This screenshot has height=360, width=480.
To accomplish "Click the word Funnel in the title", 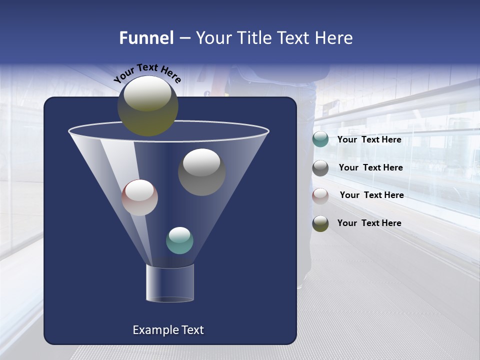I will pos(146,38).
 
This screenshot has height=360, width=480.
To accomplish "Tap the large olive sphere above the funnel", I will pos(147,105).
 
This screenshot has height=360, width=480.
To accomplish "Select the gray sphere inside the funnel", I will pos(201,172).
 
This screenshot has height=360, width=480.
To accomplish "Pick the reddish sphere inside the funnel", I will pos(139,197).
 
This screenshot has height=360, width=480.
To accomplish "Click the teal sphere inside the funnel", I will pos(179,240).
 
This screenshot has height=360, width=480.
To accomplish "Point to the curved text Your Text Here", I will pos(147,73).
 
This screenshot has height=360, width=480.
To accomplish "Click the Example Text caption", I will pos(168,330).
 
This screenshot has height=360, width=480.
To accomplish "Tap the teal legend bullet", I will pos(320,139).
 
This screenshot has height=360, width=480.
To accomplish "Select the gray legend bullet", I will pos(320,168).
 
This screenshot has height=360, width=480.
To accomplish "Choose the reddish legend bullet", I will pos(320,195).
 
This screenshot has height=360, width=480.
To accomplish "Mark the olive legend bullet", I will pos(320,223).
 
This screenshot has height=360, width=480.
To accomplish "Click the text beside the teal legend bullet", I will pos(369,140).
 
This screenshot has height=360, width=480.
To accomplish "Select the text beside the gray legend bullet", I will pos(370,167).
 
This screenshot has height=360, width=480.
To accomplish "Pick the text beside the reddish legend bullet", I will pos(371,195).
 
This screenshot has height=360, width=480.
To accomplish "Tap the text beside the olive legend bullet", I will pos(369,223).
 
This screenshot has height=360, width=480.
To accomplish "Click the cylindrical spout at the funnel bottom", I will pos(169,283).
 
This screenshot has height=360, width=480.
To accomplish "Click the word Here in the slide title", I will pos(334,38).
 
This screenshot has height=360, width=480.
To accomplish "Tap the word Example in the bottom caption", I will pos(152,330).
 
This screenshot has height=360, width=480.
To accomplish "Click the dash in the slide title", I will pos(184,38).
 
